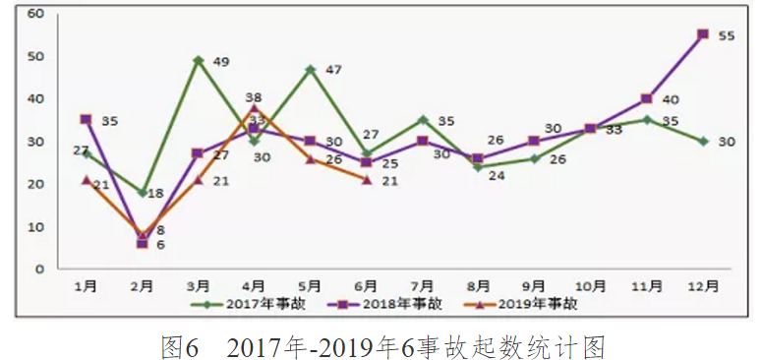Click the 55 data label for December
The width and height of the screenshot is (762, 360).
click(728, 35)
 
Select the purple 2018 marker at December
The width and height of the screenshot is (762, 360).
click(702, 34)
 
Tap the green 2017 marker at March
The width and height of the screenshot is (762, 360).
click(199, 60)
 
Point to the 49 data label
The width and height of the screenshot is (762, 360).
click(221, 62)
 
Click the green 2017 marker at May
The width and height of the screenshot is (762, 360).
click(310, 69)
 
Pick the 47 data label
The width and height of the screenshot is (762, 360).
click(333, 70)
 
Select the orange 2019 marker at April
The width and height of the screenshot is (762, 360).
click(255, 108)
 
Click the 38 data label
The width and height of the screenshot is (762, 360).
click(254, 97)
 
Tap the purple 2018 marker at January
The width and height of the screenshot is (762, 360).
click(87, 120)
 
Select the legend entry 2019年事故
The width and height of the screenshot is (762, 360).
click(532, 304)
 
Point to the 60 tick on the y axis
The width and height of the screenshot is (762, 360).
click(35, 14)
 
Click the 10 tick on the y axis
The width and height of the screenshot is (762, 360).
click(35, 226)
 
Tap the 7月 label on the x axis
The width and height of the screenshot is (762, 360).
click(421, 285)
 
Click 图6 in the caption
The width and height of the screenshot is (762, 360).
click(180, 345)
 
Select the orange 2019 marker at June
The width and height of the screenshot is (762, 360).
click(366, 180)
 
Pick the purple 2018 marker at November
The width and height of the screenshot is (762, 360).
click(646, 98)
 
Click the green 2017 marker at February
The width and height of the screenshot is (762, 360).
click(143, 193)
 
